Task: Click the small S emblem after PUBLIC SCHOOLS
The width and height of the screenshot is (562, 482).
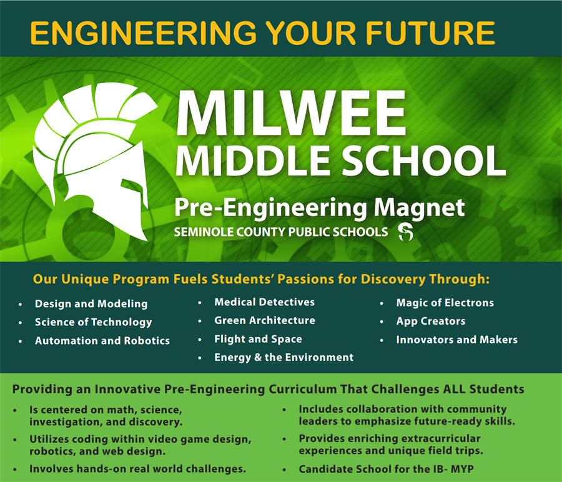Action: coord(405,233)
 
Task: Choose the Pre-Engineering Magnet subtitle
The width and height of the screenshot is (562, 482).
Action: coord(319,207)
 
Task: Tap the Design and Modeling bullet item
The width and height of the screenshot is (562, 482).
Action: coord(91,304)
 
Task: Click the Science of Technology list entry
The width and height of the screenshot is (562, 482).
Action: coord(93,322)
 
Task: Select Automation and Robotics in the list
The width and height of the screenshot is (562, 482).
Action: coord(102,341)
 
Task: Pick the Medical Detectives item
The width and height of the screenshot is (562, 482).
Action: coord(264,302)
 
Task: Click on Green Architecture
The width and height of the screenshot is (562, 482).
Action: coord(264,320)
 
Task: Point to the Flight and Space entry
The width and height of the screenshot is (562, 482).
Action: coord(258,339)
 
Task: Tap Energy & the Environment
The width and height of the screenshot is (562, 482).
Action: coord(283,357)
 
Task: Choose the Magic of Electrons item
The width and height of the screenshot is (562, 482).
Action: coord(445,303)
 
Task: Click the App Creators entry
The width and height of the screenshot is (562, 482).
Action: coord(431,321)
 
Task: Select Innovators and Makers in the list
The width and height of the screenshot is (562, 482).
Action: coord(456,340)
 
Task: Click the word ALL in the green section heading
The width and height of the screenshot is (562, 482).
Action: coord(454,390)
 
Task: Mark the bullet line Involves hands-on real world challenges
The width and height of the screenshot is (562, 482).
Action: coord(137,468)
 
